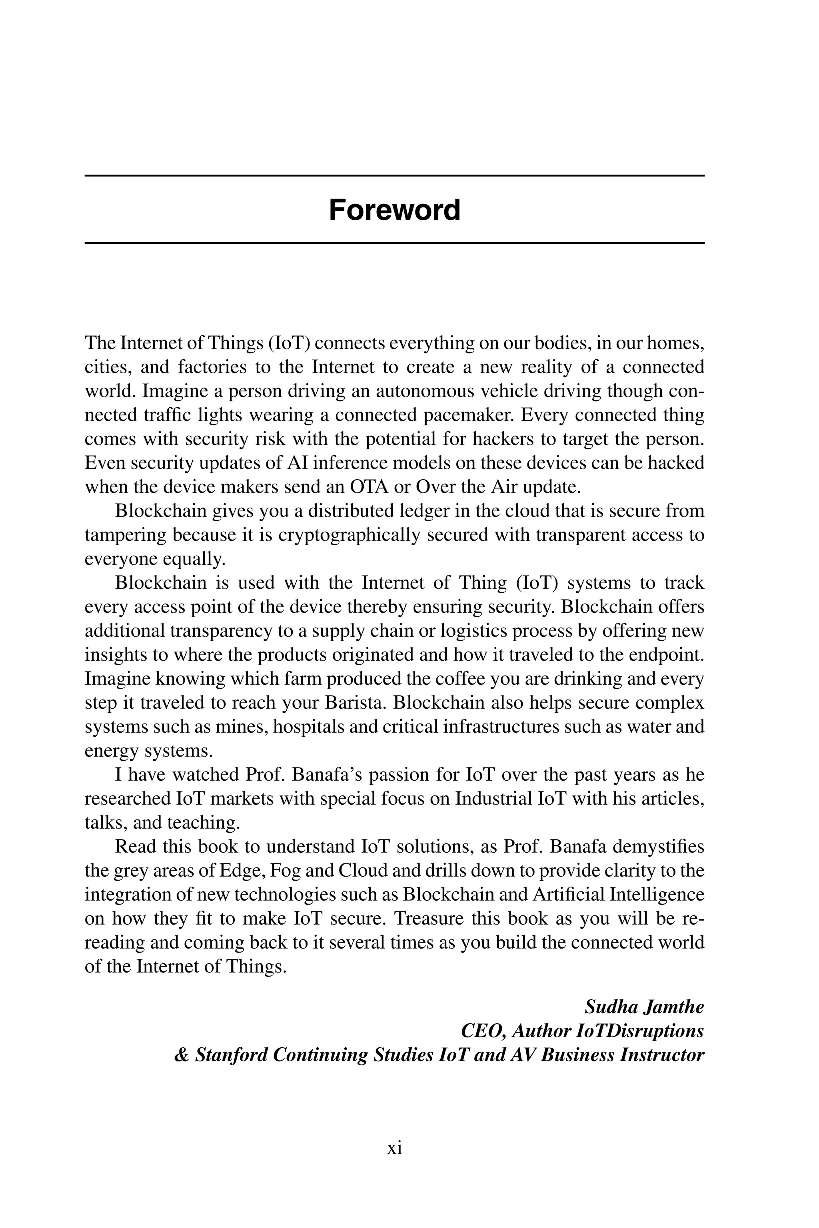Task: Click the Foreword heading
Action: (x=394, y=210)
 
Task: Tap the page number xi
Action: (x=394, y=1148)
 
